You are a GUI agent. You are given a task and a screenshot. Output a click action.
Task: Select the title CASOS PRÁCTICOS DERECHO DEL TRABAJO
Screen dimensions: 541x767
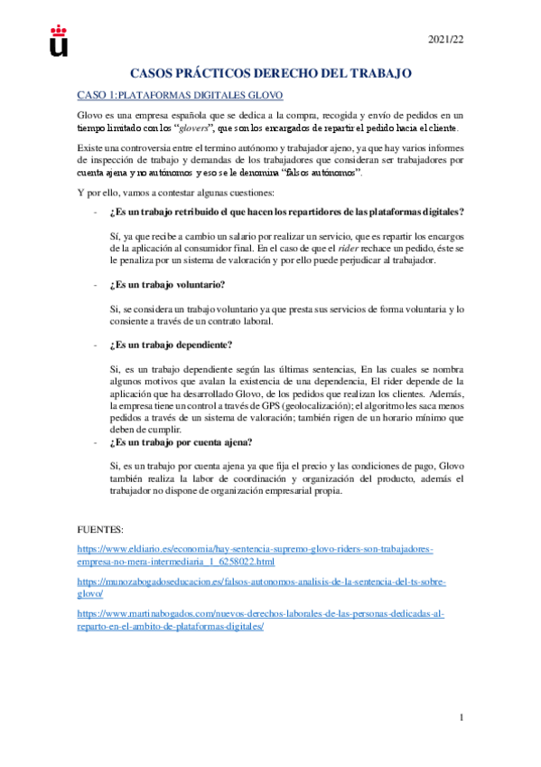click(271, 72)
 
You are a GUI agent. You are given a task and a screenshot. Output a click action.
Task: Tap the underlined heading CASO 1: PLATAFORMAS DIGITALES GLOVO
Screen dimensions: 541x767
click(181, 95)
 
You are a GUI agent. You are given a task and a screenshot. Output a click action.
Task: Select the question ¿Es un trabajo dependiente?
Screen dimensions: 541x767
click(170, 345)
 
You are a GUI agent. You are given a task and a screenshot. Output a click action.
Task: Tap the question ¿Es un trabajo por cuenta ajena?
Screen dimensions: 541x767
click(180, 442)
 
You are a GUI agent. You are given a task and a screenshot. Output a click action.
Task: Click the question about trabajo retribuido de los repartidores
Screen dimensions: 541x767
click(285, 212)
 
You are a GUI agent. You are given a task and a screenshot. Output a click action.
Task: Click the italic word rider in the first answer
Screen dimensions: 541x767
click(351, 246)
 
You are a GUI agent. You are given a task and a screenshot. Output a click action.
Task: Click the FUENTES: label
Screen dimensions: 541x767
click(101, 528)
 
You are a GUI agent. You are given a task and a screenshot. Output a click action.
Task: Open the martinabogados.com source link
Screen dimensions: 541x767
click(261, 619)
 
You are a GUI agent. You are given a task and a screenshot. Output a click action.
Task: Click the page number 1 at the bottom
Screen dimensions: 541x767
click(462, 719)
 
